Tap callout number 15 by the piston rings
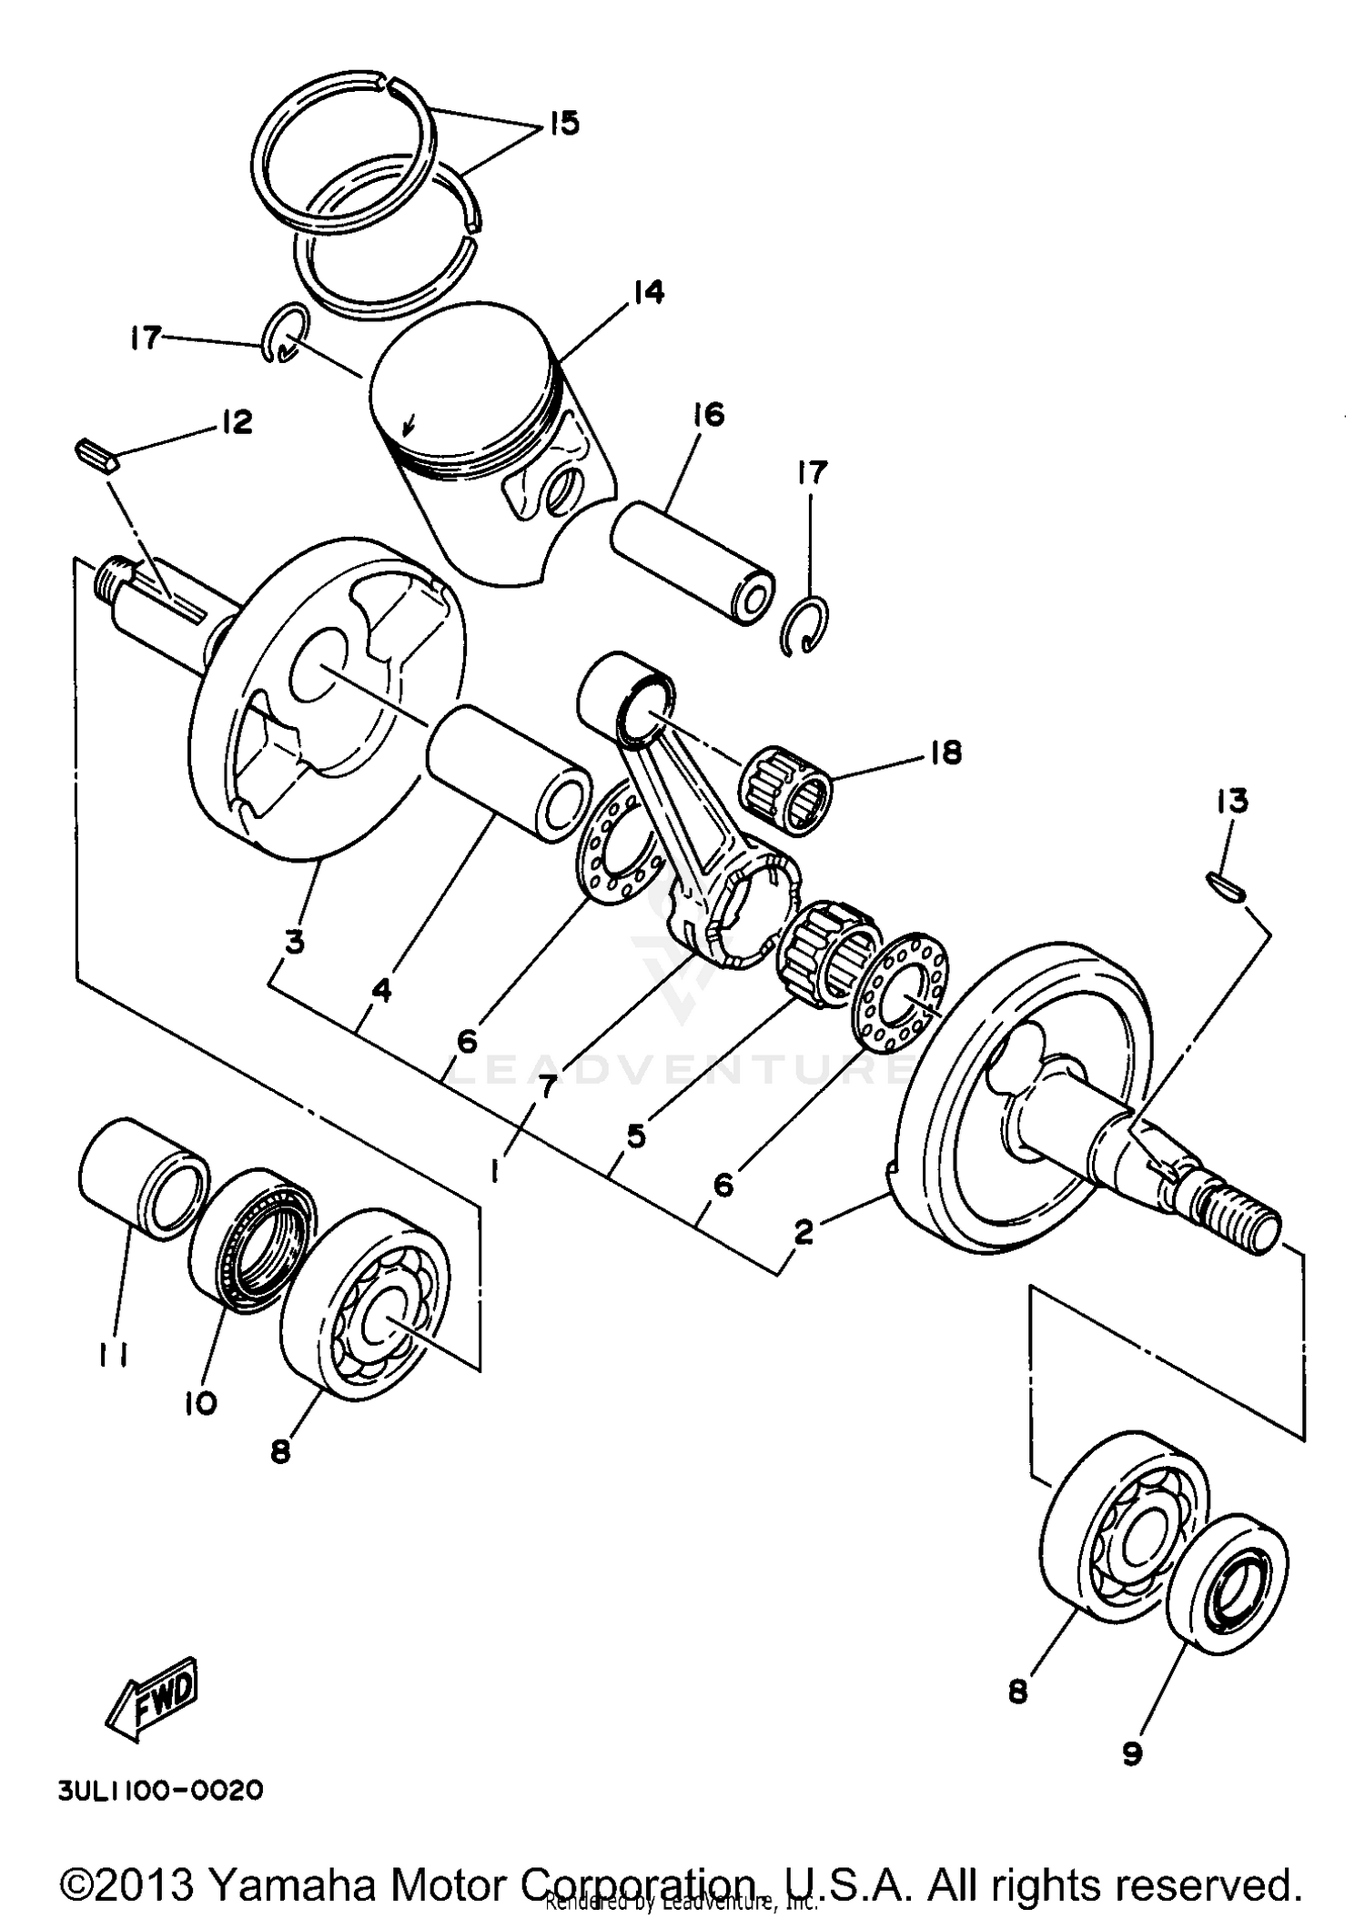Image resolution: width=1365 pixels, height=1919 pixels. point(563,123)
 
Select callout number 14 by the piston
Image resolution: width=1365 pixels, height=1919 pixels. point(650,293)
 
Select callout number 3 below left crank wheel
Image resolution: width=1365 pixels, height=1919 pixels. point(293,943)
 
